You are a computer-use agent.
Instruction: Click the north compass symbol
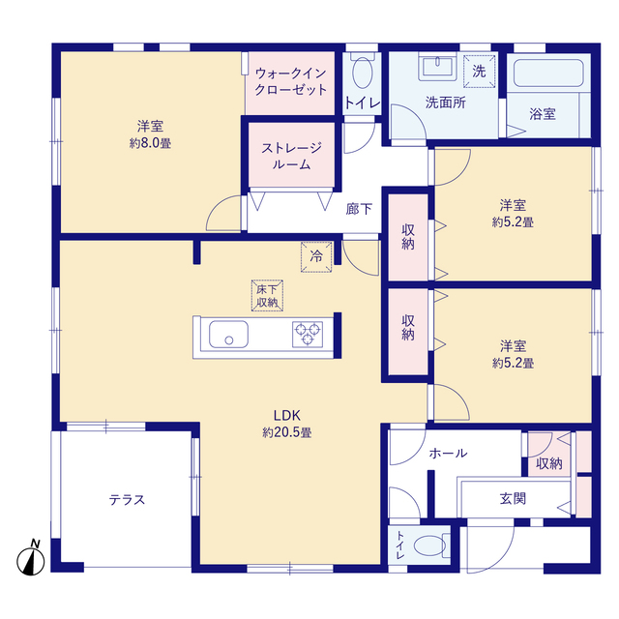(31, 558)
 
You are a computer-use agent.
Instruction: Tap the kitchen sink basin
(228, 335)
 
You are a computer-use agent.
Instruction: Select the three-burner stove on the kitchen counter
(308, 335)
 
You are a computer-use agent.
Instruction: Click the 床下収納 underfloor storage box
(267, 296)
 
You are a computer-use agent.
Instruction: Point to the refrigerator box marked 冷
(316, 257)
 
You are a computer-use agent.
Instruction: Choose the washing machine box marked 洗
(480, 72)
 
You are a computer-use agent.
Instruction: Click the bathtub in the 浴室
(548, 74)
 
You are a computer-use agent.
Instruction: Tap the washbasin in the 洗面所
(437, 67)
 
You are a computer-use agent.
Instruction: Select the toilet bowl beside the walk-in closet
(363, 72)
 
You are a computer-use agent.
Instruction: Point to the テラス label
(127, 500)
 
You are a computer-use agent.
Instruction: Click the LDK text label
(287, 415)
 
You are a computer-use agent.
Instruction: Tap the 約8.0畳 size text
(151, 143)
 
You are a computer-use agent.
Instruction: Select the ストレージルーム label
(291, 156)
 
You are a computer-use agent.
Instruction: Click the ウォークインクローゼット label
(291, 81)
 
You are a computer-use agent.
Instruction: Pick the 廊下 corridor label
(359, 209)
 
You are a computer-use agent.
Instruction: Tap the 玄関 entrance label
(513, 499)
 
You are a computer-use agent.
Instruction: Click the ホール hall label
(448, 453)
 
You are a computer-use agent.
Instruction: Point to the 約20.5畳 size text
(287, 432)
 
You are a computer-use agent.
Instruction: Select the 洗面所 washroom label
(446, 103)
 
